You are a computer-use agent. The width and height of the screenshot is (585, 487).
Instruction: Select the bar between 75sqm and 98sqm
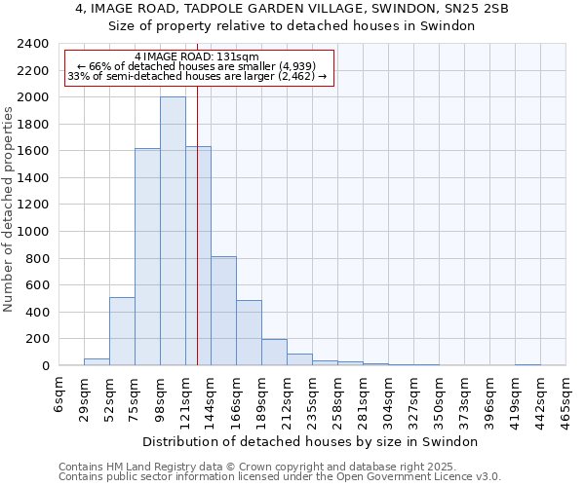pyautogui.click(x=147, y=257)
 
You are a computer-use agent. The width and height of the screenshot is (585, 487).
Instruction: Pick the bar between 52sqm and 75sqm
pyautogui.click(x=122, y=331)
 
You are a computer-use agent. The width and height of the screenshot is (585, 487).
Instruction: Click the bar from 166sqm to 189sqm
pyautogui.click(x=249, y=333)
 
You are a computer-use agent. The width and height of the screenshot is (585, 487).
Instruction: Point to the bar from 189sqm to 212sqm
pyautogui.click(x=274, y=353)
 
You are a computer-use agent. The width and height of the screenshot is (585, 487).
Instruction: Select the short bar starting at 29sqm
pyautogui.click(x=97, y=362)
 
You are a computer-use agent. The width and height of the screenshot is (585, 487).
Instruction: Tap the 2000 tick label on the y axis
pyautogui.click(x=34, y=97)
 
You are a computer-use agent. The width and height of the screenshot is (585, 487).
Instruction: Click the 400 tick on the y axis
pyautogui.click(x=38, y=313)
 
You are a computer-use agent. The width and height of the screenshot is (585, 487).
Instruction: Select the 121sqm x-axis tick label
pyautogui.click(x=186, y=396)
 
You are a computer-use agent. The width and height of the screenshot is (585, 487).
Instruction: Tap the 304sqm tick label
pyautogui.click(x=389, y=396)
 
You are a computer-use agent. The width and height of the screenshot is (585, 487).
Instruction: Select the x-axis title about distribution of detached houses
pyautogui.click(x=312, y=442)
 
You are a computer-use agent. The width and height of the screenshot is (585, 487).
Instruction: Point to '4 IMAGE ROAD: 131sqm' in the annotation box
pyautogui.click(x=198, y=57)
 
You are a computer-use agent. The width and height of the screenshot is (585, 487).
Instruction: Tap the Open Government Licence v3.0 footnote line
pyautogui.click(x=280, y=477)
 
